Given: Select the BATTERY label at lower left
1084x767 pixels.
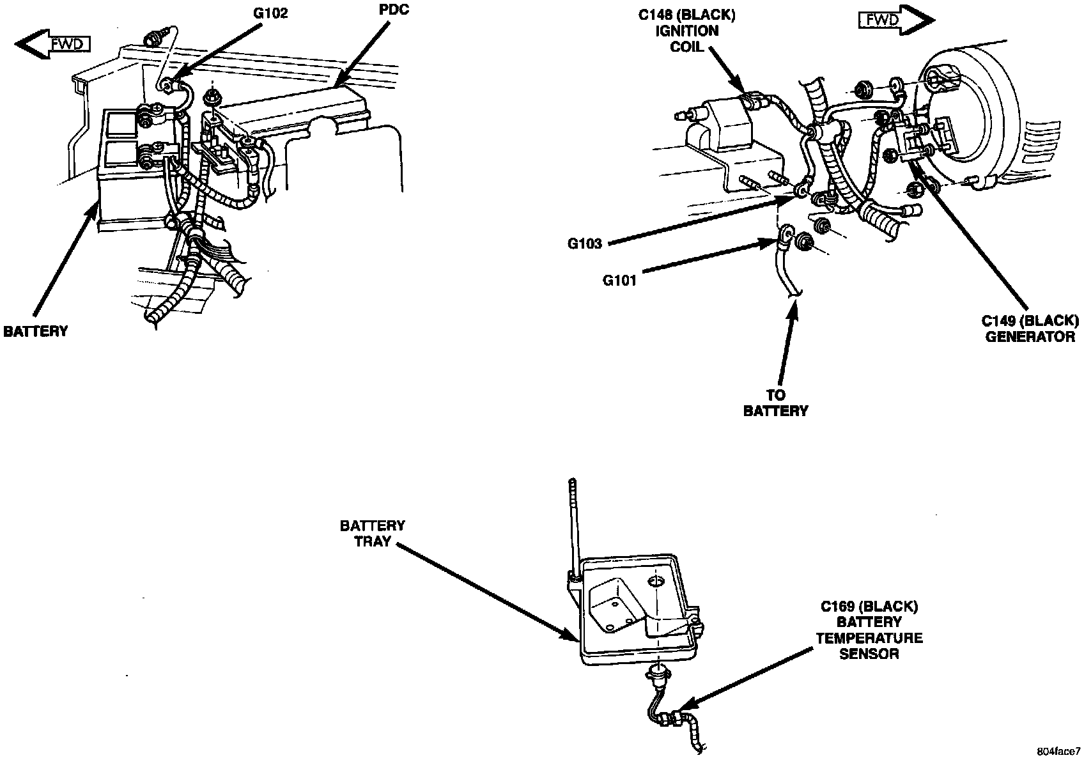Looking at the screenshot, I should click(35, 331).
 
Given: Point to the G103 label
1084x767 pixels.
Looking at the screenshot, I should click(584, 243).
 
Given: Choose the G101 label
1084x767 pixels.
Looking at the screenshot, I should click(619, 279).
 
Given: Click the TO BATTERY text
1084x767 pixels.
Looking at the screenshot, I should click(775, 403).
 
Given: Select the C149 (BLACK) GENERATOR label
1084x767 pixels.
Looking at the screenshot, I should click(1029, 329).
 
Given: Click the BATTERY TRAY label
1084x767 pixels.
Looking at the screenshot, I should click(372, 535).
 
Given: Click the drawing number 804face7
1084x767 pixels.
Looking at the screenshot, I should click(1057, 752).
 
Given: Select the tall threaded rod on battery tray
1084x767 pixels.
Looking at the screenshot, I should click(573, 524).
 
